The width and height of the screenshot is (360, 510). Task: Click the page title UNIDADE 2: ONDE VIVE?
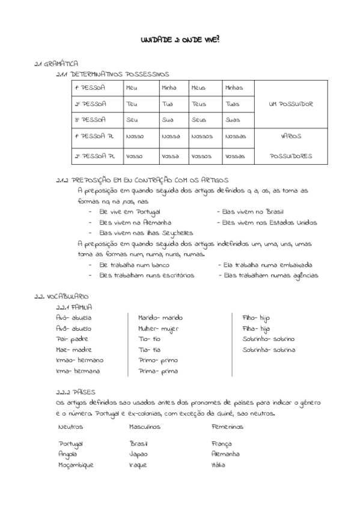pyautogui.click(x=180, y=39)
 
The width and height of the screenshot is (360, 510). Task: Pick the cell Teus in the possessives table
pyautogui.click(x=198, y=104)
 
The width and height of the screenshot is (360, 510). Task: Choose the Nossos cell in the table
pyautogui.click(x=201, y=137)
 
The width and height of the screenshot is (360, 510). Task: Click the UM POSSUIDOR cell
pyautogui.click(x=291, y=104)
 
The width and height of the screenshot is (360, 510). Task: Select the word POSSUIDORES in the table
pyautogui.click(x=291, y=156)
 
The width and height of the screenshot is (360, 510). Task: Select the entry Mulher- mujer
pyautogui.click(x=160, y=328)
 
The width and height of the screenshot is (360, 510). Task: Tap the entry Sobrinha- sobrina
pyautogui.click(x=269, y=349)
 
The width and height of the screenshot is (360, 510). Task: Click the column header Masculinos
pyautogui.click(x=144, y=426)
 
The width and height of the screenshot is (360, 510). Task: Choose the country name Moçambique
pyautogui.click(x=76, y=465)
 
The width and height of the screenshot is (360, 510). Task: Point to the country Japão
pyautogui.click(x=138, y=454)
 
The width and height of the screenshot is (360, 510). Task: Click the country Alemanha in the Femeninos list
pyautogui.click(x=225, y=454)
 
